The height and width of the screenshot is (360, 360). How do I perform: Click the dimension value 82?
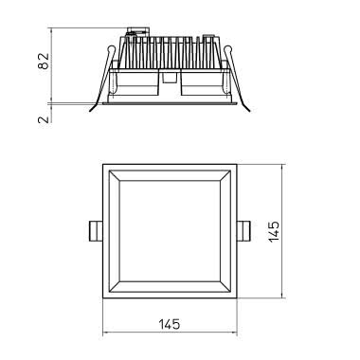click(44, 61)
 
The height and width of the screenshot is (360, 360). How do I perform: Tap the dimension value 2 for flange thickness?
click(44, 119)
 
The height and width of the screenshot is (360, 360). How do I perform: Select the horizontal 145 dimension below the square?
click(169, 324)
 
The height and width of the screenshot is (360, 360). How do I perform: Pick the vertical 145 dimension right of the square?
click(274, 231)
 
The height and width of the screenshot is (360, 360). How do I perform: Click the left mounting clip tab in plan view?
click(96, 231)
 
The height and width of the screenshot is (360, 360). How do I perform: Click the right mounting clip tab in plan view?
click(243, 231)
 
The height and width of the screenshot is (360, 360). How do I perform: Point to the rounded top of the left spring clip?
click(111, 49)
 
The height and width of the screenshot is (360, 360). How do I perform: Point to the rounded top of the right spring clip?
click(228, 49)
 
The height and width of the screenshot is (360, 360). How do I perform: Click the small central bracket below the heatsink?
click(170, 78)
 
